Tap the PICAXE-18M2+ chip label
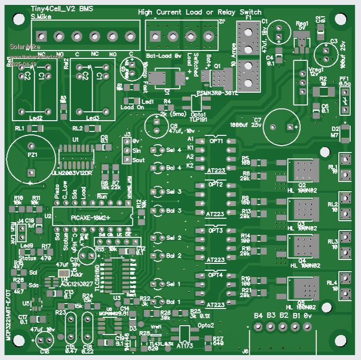pos(90,217)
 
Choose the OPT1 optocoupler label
pos(216,141)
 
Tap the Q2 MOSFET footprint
pos(302,170)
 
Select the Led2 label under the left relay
pos(36,118)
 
